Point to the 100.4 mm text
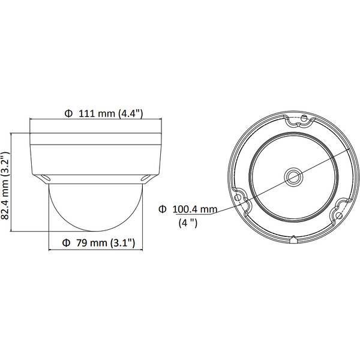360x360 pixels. click(x=195, y=209)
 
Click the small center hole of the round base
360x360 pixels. click(x=293, y=175)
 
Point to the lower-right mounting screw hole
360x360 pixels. click(x=340, y=214)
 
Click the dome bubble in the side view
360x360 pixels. click(x=95, y=207)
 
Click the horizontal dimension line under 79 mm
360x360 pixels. click(x=96, y=250)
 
